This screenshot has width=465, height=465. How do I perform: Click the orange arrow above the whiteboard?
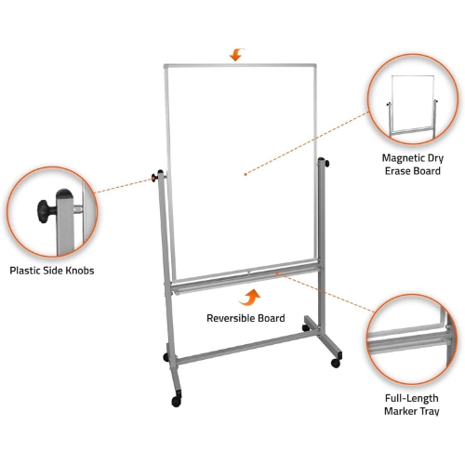pyautogui.click(x=237, y=55)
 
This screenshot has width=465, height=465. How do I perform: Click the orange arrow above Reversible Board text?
pyautogui.click(x=250, y=299)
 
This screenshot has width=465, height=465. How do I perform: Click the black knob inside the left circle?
pyautogui.click(x=46, y=211)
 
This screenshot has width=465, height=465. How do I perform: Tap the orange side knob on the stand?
pyautogui.click(x=154, y=178)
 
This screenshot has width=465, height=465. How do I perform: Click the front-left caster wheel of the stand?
pyautogui.click(x=177, y=401)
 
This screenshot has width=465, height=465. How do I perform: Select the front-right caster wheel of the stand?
pyautogui.click(x=336, y=363)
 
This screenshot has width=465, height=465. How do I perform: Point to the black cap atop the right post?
pyautogui.click(x=321, y=160)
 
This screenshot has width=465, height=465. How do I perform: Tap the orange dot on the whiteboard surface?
pyautogui.click(x=246, y=174)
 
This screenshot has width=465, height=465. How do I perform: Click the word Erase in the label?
pyautogui.click(x=398, y=171)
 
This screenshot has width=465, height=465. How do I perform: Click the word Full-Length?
pyautogui.click(x=412, y=398)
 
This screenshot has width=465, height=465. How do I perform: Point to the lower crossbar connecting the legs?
pyautogui.click(x=245, y=348)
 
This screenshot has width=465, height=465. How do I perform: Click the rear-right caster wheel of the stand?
pyautogui.click(x=306, y=327)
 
